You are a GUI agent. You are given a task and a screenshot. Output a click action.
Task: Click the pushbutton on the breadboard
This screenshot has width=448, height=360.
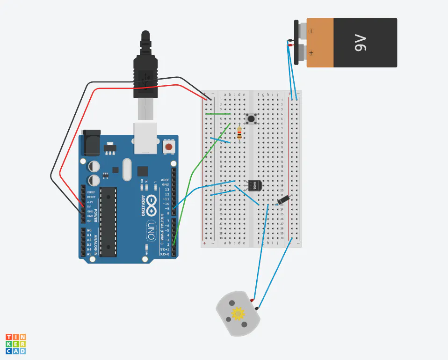click(x=252, y=118)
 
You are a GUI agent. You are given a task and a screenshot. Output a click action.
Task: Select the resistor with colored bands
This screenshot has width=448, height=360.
click(x=239, y=134)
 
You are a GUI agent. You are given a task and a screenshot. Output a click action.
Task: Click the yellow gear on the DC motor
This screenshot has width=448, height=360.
click(x=238, y=313)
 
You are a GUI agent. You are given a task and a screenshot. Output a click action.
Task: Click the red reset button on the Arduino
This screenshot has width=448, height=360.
click(x=168, y=147)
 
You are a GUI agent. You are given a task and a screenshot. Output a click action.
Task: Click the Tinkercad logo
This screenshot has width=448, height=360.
click(x=15, y=344)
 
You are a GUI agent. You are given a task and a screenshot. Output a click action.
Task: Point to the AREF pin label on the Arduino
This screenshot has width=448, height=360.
click(x=165, y=180)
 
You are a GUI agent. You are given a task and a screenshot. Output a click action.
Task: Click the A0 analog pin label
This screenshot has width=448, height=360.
click(x=89, y=230)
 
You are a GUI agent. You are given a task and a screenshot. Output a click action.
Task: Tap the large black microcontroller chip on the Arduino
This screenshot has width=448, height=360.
click(x=108, y=221)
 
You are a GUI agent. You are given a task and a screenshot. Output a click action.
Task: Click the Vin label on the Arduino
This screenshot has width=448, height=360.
click(x=89, y=220)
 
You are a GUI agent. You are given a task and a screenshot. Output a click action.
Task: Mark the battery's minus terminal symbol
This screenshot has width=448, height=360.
click(x=311, y=32)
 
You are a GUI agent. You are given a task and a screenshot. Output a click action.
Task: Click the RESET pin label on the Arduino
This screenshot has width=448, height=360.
click(x=91, y=197)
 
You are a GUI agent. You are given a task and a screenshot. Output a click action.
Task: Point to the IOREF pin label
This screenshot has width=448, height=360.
click(x=91, y=192)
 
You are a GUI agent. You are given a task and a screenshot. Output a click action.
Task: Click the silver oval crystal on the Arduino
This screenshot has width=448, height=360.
click(x=127, y=169)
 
